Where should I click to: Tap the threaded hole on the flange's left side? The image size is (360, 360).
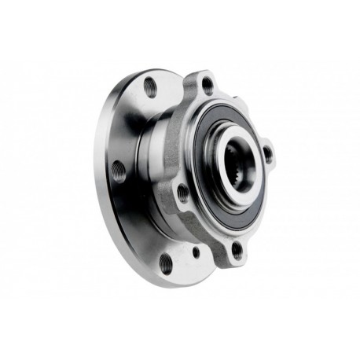click(x=119, y=170)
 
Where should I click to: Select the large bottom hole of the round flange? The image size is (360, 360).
click(x=165, y=262)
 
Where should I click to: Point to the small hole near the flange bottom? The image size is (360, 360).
click(x=194, y=253)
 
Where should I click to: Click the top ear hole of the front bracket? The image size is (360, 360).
click(x=208, y=84)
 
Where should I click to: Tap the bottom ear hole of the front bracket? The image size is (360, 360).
click(x=237, y=251)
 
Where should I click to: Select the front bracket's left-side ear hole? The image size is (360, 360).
click(x=182, y=192)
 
